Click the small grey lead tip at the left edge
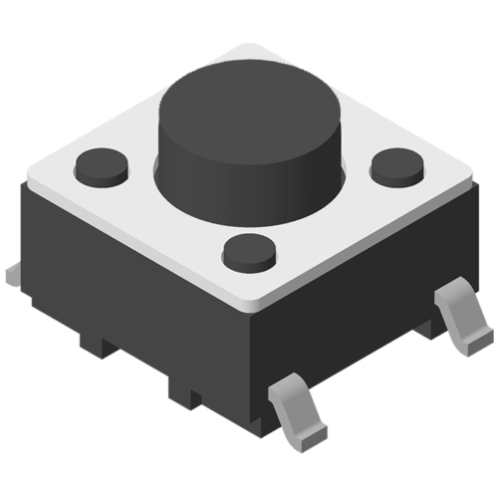[x=11, y=272]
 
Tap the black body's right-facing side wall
[x=359, y=309]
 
